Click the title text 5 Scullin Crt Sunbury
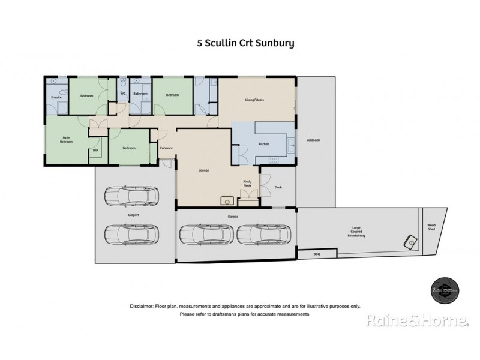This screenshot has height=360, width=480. click(239, 43)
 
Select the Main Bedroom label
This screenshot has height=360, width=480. click(66, 140)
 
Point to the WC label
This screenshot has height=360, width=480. click(122, 94)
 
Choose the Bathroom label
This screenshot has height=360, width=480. click(140, 94)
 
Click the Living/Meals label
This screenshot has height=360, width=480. click(255, 100)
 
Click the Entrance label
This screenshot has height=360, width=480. click(167, 148)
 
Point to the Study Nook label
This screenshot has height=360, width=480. click(247, 182)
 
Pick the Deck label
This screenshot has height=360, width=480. click(278, 187)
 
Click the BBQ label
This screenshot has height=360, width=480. click(317, 254)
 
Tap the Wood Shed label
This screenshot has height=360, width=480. click(430, 227)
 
